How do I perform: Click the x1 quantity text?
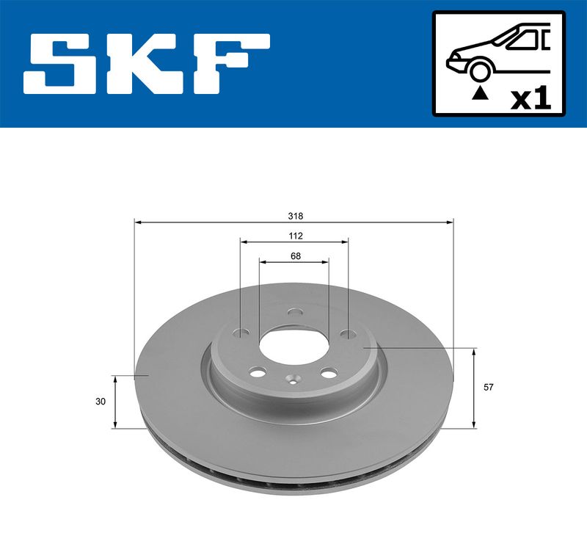click(530, 98)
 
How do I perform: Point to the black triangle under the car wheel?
click(479, 92)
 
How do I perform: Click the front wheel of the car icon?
click(479, 70)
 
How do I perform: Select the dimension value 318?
click(295, 217)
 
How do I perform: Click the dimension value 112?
click(295, 236)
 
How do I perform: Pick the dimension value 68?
click(295, 256)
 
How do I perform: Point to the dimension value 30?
click(101, 402)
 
